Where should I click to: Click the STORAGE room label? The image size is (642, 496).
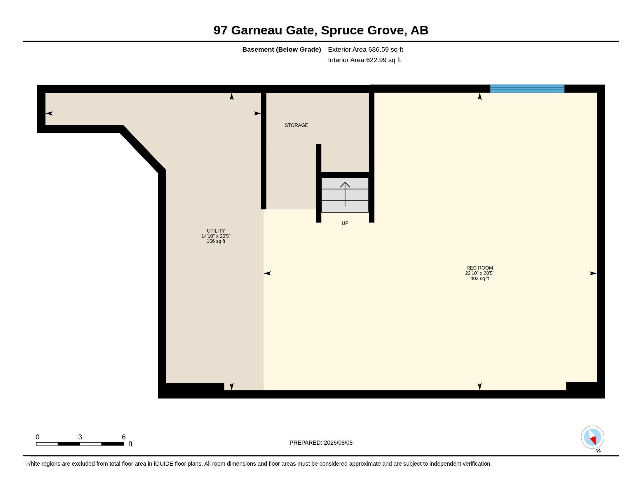(296, 125)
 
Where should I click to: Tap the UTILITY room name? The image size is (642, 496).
(216, 231)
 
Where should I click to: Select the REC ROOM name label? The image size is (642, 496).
(479, 268)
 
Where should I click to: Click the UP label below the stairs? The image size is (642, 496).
(345, 223)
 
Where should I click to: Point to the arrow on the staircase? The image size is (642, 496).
(345, 194)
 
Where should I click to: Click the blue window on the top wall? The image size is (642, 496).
(527, 88)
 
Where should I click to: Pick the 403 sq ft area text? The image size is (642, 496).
(479, 279)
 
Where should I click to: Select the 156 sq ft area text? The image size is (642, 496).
(216, 241)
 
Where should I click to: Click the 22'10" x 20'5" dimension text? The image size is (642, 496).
(479, 273)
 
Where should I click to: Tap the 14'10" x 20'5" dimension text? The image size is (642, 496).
(216, 236)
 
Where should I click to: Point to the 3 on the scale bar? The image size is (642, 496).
(80, 437)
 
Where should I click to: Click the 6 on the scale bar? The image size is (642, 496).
(124, 437)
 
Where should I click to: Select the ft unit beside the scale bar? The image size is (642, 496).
(131, 444)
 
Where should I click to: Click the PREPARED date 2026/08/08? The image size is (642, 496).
(338, 443)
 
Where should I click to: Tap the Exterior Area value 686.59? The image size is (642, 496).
(376, 50)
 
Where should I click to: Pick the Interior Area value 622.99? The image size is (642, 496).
(374, 60)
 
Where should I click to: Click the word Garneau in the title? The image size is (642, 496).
(257, 30)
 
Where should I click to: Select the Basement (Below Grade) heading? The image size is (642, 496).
(281, 50)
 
